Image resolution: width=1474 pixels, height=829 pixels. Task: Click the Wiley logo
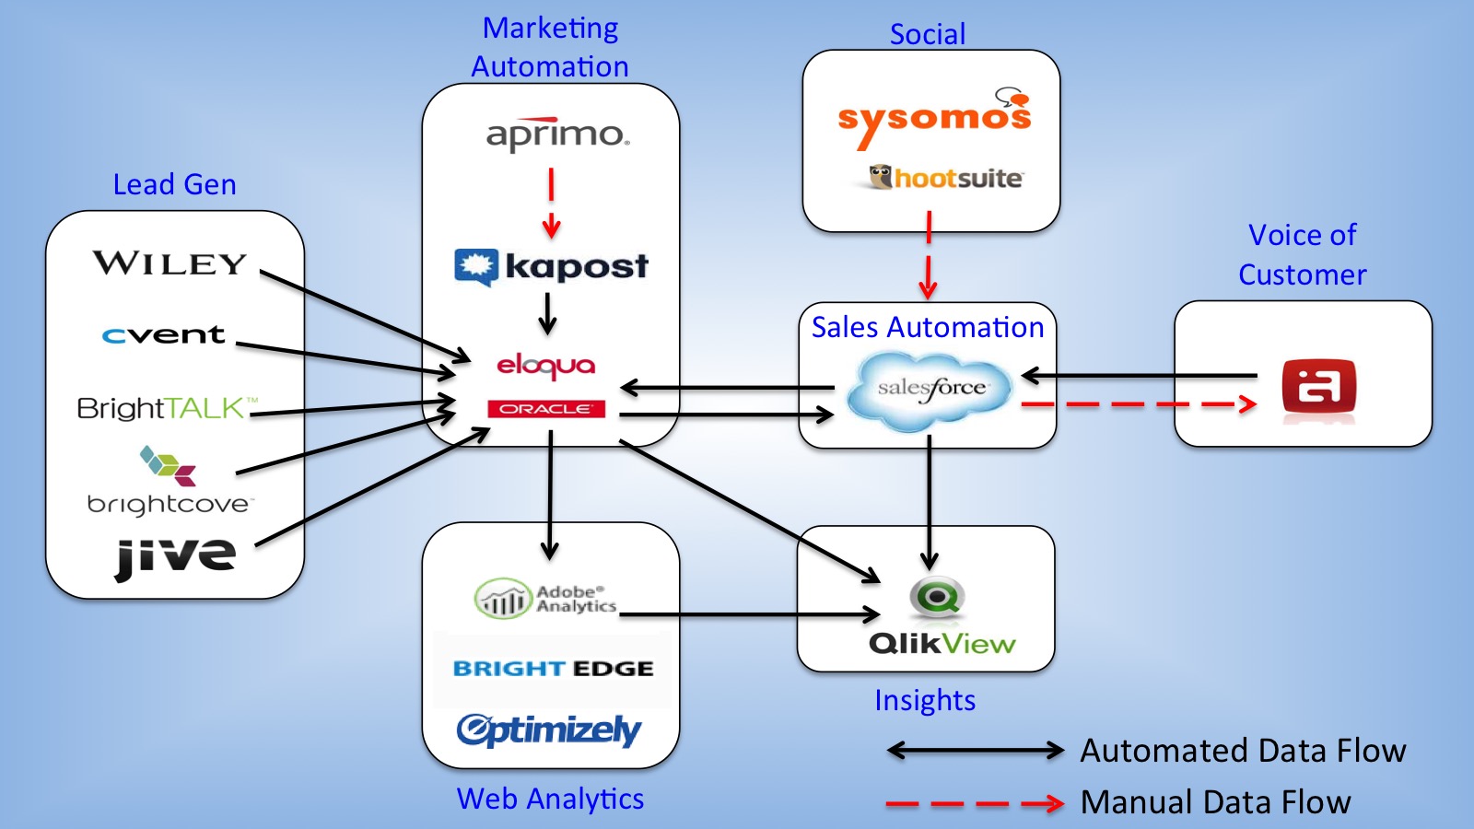click(170, 264)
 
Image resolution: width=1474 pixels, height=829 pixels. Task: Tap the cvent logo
click(164, 335)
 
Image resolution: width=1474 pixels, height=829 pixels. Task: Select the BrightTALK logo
click(166, 408)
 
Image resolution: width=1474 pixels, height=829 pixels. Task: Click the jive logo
click(176, 556)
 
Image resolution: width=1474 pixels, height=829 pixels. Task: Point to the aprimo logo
click(557, 135)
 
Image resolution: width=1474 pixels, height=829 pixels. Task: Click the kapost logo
click(551, 267)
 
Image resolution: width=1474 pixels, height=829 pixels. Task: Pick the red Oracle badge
click(545, 409)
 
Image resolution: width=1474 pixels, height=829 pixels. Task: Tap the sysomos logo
click(933, 118)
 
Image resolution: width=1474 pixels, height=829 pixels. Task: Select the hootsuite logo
click(946, 178)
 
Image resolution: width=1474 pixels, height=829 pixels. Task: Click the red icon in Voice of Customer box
click(1319, 387)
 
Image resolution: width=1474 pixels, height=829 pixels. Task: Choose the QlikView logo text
click(942, 644)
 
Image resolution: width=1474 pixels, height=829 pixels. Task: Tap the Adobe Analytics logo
click(545, 599)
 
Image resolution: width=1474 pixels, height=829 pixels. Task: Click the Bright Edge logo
click(553, 669)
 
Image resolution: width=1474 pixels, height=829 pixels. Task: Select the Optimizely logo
click(549, 730)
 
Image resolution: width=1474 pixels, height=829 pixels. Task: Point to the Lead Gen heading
click(174, 185)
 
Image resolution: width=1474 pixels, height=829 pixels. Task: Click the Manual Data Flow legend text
click(1215, 802)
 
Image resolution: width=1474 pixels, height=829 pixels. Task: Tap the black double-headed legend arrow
click(975, 751)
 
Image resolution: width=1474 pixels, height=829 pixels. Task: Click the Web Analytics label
click(550, 799)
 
